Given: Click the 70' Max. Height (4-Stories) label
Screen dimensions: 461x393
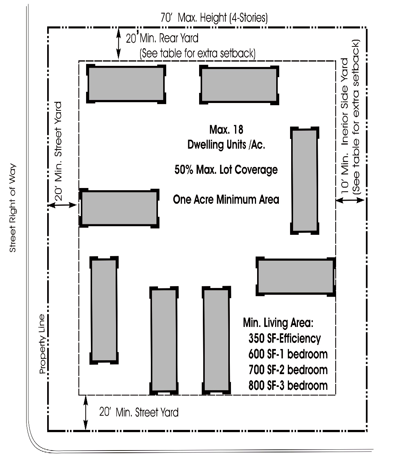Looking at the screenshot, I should pos(214,18).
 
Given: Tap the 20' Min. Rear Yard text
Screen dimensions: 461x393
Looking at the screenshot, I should pos(162,38).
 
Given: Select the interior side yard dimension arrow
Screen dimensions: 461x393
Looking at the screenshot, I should pos(350,201).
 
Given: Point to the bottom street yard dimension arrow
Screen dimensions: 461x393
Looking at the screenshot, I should pos(86,413).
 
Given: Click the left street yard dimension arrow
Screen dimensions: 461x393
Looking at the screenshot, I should pos(63,205).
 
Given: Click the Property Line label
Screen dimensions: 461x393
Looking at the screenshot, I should pos(42,344).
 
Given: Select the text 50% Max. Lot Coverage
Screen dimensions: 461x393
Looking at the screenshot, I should pos(226,170).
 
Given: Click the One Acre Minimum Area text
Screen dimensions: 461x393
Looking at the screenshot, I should pos(226,199).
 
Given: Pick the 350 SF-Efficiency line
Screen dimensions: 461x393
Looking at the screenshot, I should pos(284,339).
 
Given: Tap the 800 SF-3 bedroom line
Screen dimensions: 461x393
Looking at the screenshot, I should pos(288,385).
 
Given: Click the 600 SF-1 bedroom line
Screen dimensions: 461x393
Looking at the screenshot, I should pos(288,354).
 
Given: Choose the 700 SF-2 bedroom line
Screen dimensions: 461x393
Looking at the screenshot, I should pos(288,370).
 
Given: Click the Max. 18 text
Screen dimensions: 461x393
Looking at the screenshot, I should pos(226,130).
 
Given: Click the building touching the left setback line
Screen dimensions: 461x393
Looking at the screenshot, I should pos(119,208).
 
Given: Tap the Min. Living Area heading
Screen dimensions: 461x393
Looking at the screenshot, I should pos(276,322).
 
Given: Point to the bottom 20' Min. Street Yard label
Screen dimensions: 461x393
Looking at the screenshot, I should pos(138,412).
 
